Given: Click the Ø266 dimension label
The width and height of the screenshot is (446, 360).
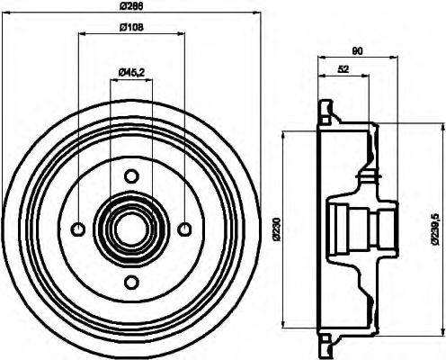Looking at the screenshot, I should click(x=132, y=6).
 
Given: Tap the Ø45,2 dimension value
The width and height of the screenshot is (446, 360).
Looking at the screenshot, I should click(x=132, y=71).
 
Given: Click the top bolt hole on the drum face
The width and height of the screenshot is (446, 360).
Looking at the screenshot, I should click(x=131, y=175).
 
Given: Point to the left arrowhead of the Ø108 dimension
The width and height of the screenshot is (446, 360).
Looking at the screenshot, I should click(x=82, y=34).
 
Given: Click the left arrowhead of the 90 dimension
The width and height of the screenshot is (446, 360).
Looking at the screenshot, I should click(x=321, y=60).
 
